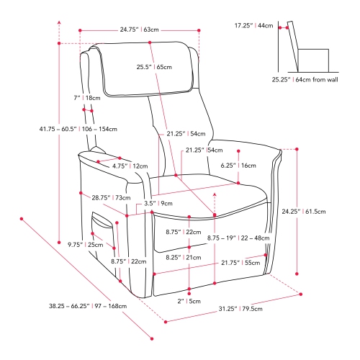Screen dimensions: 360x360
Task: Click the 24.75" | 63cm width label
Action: tap(139, 30)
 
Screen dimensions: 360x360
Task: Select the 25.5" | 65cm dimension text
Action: tap(153, 67)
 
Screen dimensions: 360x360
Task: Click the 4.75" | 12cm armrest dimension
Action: tap(130, 166)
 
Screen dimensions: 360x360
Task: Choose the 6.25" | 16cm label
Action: tap(238, 165)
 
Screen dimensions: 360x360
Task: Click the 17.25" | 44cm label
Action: tap(253, 25)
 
